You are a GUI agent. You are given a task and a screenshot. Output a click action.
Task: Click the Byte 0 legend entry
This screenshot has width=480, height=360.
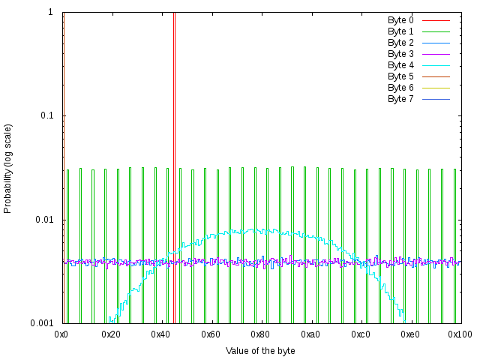pyautogui.click(x=400, y=20)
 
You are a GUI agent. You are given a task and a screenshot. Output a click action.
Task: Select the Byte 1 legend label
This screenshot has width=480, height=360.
pyautogui.click(x=400, y=31)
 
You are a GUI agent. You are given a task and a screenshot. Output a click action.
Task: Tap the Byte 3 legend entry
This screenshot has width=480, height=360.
pyautogui.click(x=400, y=54)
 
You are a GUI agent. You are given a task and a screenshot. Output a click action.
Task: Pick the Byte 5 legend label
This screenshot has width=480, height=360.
pyautogui.click(x=400, y=76)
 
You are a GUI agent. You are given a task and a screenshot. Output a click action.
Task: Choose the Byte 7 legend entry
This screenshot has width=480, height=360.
pyautogui.click(x=400, y=99)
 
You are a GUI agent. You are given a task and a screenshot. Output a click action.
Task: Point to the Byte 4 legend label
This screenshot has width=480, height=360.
pyautogui.click(x=400, y=65)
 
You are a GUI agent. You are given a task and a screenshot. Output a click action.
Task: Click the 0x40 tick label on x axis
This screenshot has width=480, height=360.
pyautogui.click(x=161, y=334)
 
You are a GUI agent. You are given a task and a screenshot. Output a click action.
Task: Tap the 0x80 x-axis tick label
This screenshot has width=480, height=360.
pyautogui.click(x=260, y=334)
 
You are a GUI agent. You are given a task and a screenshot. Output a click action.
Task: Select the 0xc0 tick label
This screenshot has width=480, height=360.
pyautogui.click(x=360, y=334)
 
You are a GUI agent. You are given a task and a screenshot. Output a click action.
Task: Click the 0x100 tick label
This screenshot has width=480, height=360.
pyautogui.click(x=459, y=334)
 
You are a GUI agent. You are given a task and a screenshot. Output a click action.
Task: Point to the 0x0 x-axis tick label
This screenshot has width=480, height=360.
pyautogui.click(x=62, y=334)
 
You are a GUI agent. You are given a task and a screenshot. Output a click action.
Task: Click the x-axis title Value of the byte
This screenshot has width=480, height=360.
pyautogui.click(x=260, y=350)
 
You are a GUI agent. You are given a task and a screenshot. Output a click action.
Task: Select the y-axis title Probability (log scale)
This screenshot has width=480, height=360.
pyautogui.click(x=8, y=169)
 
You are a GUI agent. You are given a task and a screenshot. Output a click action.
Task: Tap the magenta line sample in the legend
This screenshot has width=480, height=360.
pyautogui.click(x=435, y=54)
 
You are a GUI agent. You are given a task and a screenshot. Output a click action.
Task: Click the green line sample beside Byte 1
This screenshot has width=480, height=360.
pyautogui.click(x=435, y=31)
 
